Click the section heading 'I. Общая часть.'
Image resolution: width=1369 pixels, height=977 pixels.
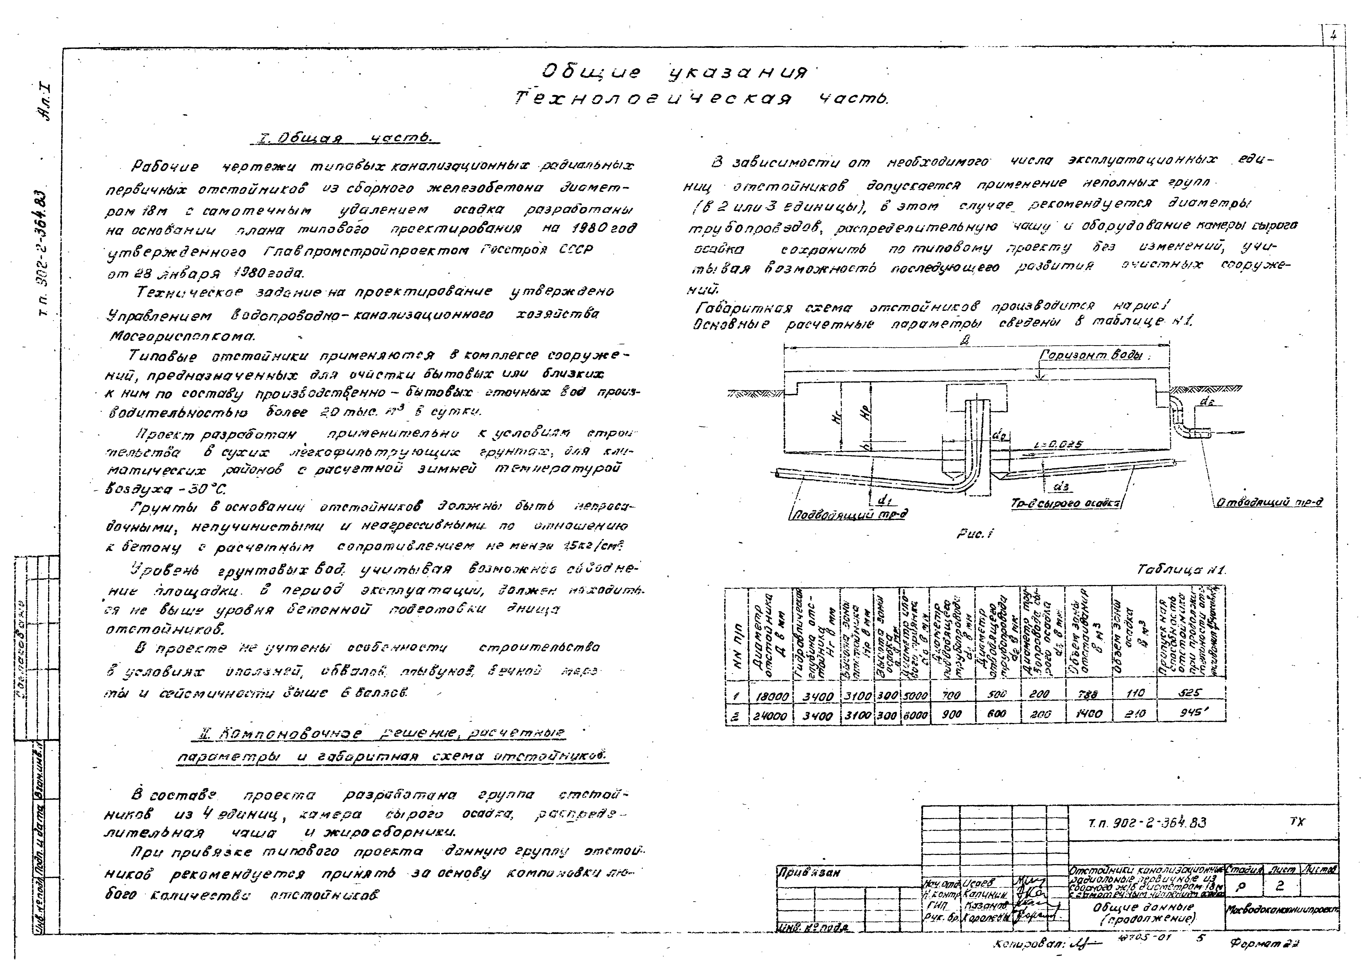344,139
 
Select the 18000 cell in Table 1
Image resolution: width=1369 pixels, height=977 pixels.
771,696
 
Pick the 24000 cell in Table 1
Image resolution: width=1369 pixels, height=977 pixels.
771,716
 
